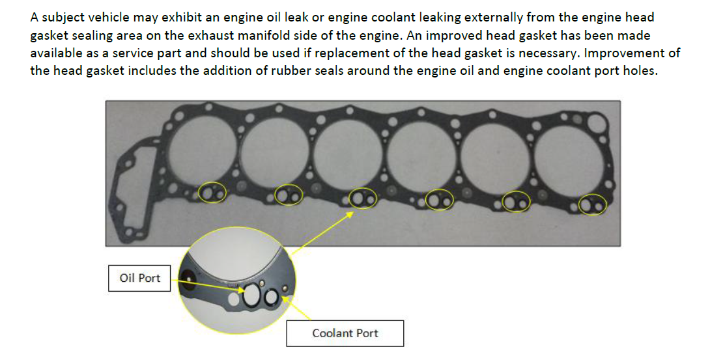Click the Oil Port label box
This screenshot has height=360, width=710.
139,278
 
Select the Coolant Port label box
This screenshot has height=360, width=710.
345,333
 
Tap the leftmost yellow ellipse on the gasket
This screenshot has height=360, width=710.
212,192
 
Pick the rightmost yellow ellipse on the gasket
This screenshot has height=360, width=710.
593,204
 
